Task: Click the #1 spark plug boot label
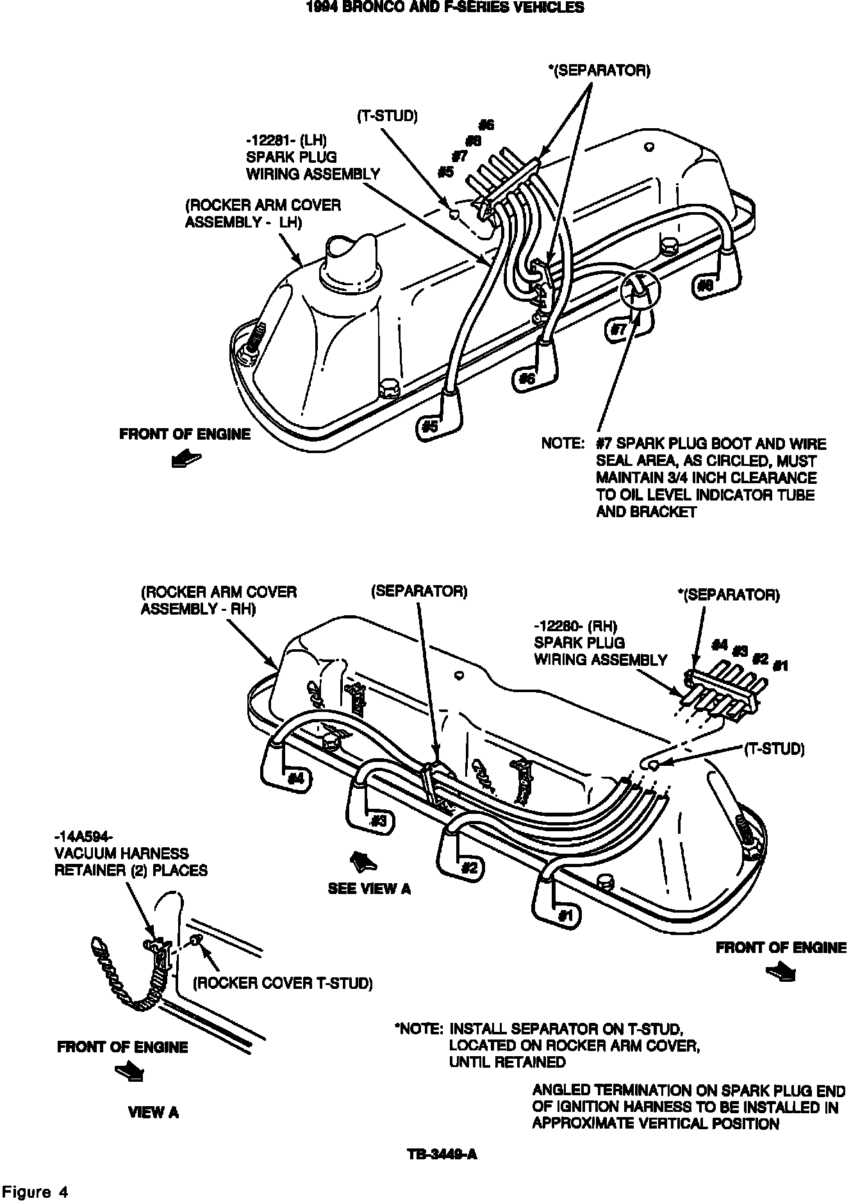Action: click(565, 915)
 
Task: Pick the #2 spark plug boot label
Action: click(470, 868)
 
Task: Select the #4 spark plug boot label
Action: click(296, 779)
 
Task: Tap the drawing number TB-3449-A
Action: click(442, 1154)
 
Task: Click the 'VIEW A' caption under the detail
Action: click(153, 1113)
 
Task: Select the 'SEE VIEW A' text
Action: click(369, 889)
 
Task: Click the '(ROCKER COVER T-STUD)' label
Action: click(283, 983)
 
